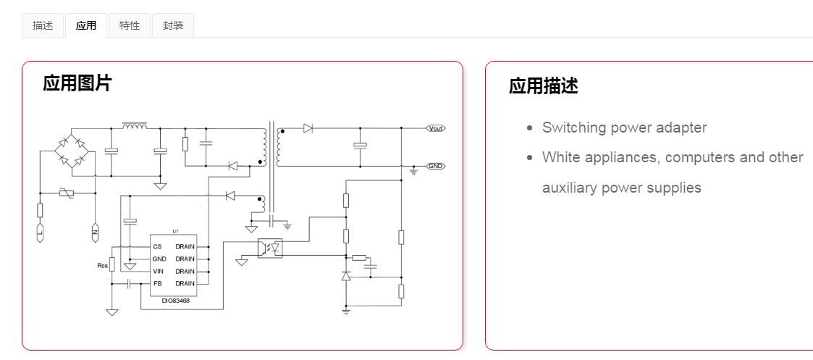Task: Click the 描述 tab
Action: (x=43, y=25)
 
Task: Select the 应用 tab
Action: (x=86, y=25)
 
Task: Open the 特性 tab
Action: (x=130, y=25)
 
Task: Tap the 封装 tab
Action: (x=173, y=25)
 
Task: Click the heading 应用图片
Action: (x=77, y=83)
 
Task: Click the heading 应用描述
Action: (x=543, y=86)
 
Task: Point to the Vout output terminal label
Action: (x=435, y=128)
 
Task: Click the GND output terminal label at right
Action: (x=435, y=166)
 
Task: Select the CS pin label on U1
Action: (x=157, y=246)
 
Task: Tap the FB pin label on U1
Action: (x=157, y=283)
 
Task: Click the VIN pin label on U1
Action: (x=158, y=271)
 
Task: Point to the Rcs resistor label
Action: (x=102, y=266)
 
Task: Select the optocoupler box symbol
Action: (x=270, y=247)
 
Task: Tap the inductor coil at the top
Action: (x=135, y=126)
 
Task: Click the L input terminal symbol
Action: (x=41, y=233)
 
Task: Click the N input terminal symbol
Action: (x=94, y=233)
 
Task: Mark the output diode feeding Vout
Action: (x=308, y=128)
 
